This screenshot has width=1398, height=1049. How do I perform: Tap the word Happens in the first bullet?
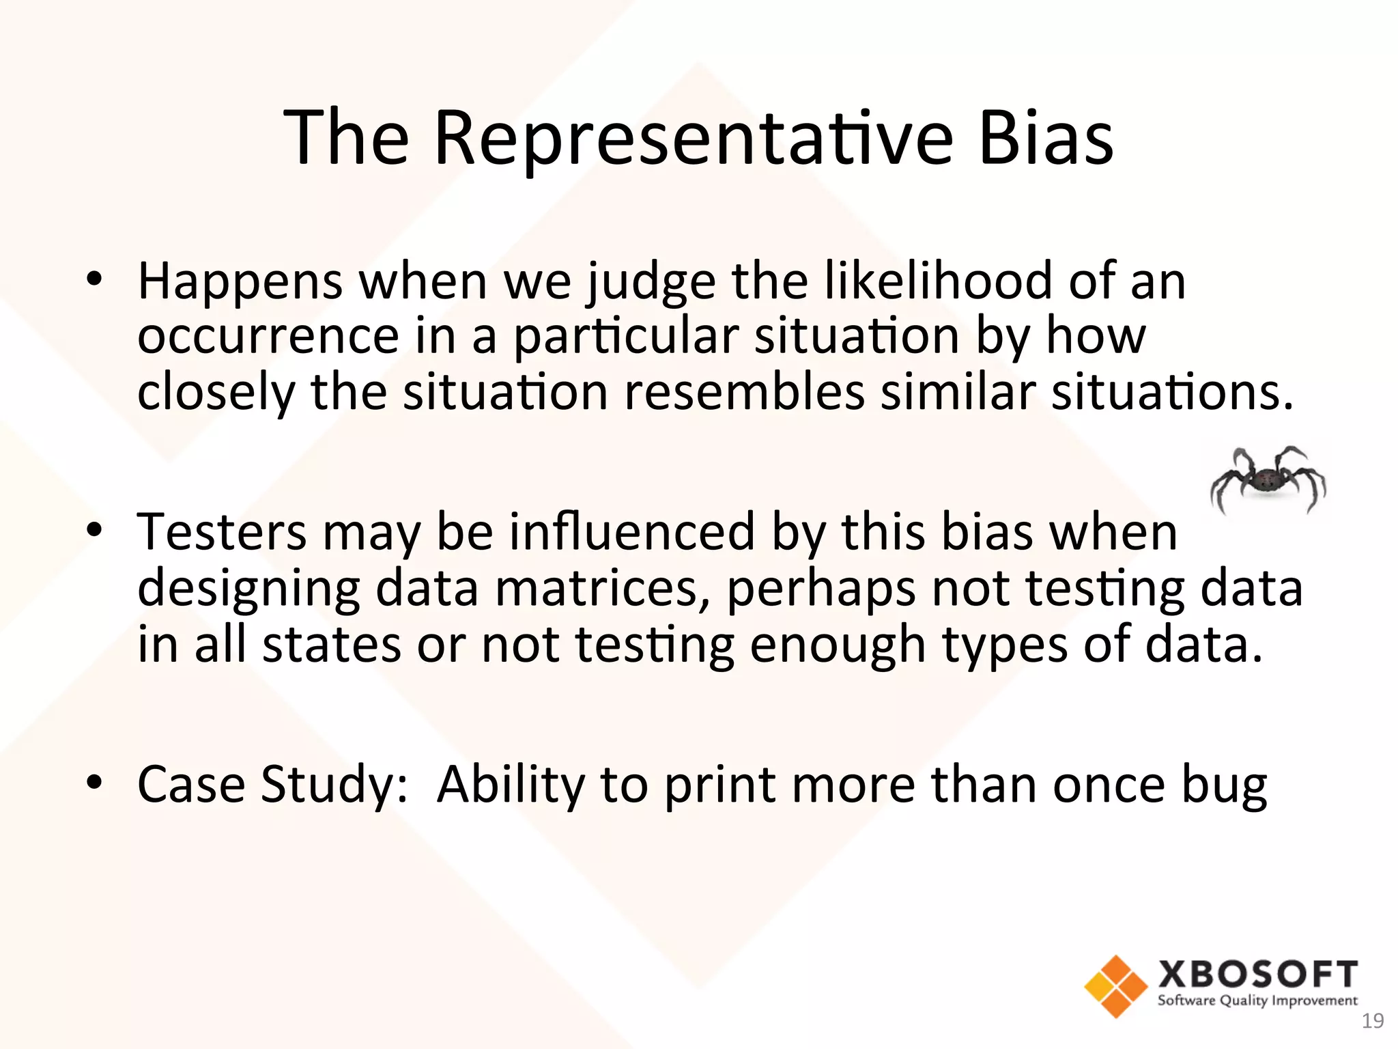tap(240, 282)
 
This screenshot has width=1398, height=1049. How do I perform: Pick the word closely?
tap(216, 394)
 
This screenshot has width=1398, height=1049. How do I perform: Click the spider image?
tap(1268, 479)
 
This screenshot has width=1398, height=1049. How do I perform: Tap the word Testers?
tap(222, 532)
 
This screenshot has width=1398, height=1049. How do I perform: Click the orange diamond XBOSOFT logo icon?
tap(1115, 986)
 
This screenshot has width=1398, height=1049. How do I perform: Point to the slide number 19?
tap(1372, 1021)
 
